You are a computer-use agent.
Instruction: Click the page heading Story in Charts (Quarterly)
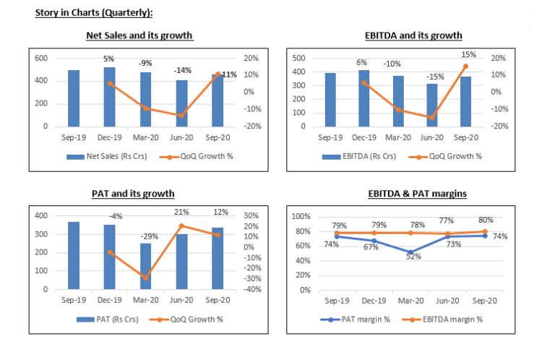[94, 12]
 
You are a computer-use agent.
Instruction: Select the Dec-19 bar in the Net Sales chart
[109, 97]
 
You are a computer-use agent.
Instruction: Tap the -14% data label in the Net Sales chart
[182, 70]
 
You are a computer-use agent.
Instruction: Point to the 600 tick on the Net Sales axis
[41, 59]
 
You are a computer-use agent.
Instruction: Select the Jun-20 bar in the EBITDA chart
[432, 105]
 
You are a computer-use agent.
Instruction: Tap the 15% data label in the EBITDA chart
[468, 54]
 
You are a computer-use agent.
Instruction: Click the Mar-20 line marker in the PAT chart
[145, 278]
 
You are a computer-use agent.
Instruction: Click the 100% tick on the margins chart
[301, 216]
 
